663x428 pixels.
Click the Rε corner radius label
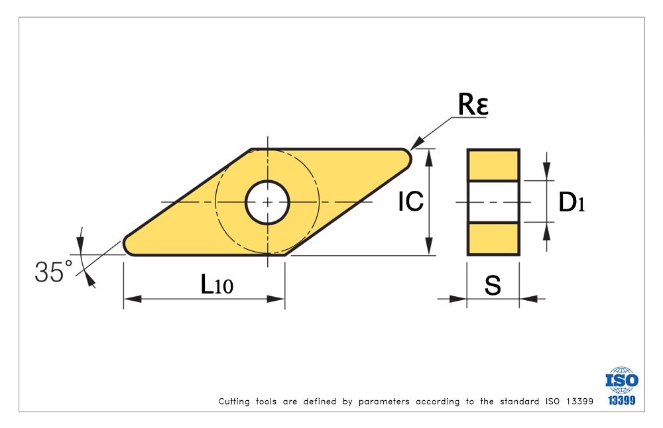click(473, 105)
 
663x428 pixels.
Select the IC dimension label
click(410, 201)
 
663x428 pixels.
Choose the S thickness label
click(493, 286)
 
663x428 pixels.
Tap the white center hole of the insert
click(267, 201)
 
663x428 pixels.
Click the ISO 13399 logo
click(621, 386)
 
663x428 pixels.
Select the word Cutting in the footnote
click(234, 401)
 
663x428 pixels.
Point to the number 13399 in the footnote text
click(577, 401)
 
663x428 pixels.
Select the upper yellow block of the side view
click(493, 165)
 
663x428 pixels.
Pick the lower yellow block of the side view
click(493, 239)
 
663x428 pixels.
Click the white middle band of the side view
click(493, 201)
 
